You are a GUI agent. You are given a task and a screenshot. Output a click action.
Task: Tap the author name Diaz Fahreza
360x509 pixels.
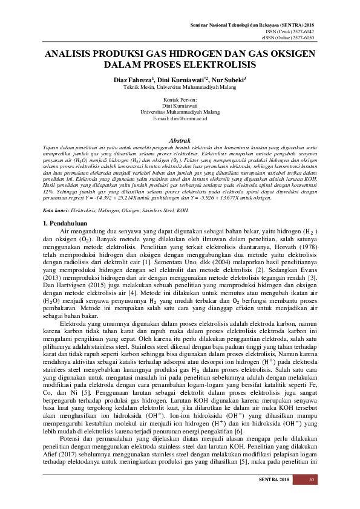(x=134, y=79)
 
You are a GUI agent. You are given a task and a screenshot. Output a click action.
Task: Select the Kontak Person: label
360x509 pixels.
(x=180, y=99)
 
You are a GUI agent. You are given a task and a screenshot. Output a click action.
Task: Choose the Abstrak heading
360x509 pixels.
(x=180, y=140)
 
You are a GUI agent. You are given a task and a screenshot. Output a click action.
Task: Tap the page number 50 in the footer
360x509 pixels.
(x=312, y=481)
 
